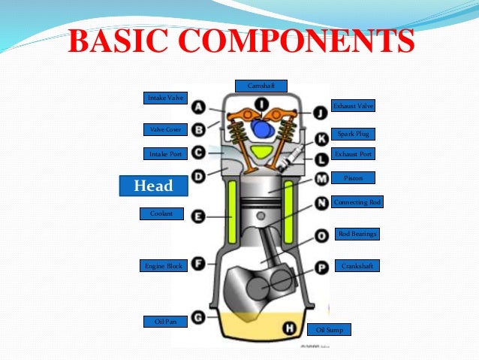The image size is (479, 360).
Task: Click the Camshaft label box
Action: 261,86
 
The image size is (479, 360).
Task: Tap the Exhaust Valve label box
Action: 352,106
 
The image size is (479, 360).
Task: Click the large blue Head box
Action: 152,186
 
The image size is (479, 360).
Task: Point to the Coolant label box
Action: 161,213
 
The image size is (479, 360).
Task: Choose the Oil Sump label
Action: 329,329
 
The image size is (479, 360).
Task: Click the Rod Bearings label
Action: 357,234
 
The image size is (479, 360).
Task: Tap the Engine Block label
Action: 164,265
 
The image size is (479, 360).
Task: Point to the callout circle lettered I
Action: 260,103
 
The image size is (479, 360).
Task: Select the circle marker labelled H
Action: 288,328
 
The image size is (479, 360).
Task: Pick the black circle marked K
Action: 321,138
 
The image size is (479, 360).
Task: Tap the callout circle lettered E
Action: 199,216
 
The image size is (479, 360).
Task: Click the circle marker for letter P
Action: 321,267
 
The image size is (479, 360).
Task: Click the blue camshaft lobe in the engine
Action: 262,129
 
